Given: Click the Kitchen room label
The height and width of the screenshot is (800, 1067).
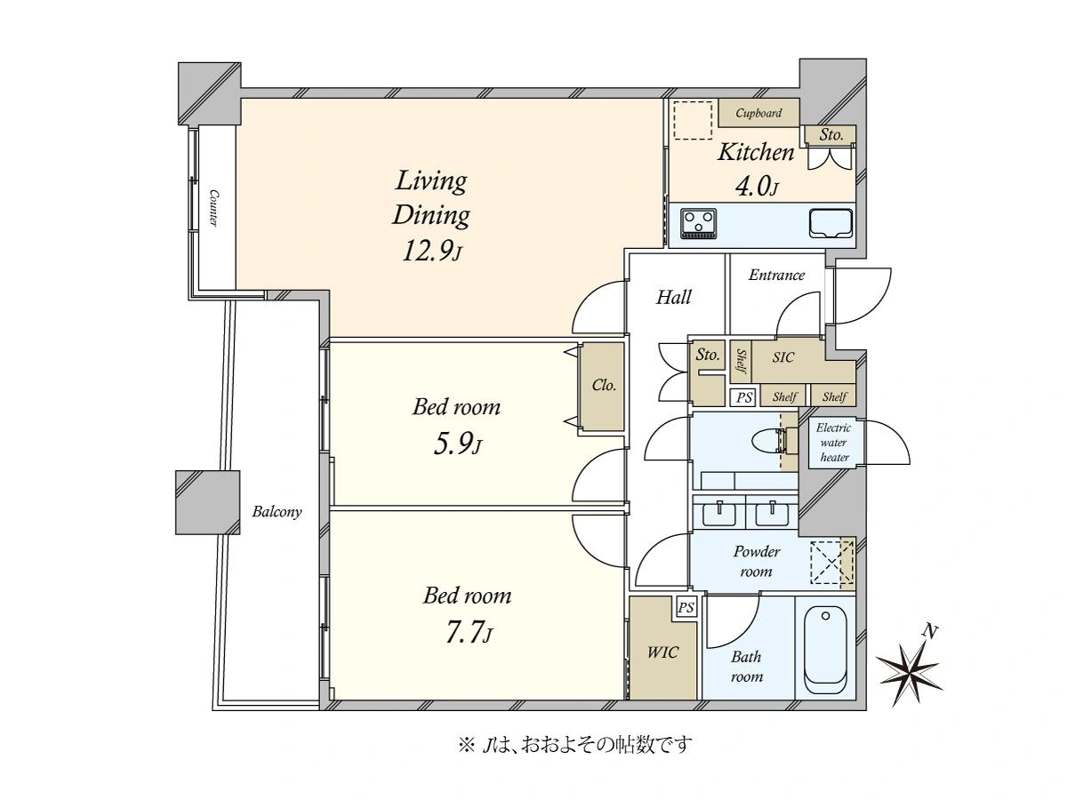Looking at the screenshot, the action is click(x=756, y=152).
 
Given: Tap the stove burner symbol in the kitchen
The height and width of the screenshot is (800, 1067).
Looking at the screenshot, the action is click(x=699, y=224).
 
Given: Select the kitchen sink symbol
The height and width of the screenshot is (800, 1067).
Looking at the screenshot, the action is click(x=830, y=223).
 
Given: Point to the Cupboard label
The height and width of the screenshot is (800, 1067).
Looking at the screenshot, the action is click(x=758, y=113).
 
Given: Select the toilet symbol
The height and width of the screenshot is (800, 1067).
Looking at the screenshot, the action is click(x=774, y=441).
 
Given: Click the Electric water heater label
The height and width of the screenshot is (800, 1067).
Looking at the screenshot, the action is click(x=834, y=443).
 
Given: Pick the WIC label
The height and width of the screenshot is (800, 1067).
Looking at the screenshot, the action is click(x=662, y=652).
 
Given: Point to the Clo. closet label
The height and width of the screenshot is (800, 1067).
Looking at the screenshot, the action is click(x=604, y=385).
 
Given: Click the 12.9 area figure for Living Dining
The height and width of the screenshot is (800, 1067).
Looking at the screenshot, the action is click(x=431, y=252).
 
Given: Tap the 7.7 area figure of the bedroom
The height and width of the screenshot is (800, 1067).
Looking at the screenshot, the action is click(x=468, y=633).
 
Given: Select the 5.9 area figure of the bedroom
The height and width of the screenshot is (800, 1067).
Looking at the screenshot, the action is click(x=457, y=444).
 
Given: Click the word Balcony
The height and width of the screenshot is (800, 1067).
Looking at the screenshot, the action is click(x=277, y=512).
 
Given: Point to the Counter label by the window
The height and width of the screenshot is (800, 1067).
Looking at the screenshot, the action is click(x=213, y=208).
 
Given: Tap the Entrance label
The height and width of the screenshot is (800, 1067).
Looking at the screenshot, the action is click(x=776, y=276).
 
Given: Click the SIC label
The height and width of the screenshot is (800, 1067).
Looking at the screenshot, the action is click(x=783, y=357).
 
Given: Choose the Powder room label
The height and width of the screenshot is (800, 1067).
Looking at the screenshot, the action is click(x=757, y=561).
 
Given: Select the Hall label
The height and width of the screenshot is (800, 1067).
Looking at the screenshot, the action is click(x=673, y=297).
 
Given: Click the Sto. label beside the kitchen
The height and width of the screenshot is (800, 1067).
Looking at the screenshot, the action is click(x=830, y=134).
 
